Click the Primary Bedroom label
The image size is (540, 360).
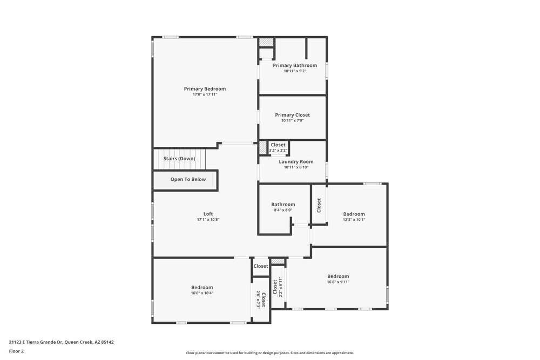tap(205, 89)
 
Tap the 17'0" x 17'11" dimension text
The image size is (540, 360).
tap(205, 94)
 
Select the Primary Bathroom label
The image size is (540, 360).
tap(295, 65)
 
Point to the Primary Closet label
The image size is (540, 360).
tap(292, 115)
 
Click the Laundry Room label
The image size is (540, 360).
tap(296, 161)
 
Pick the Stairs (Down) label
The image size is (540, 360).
tap(179, 159)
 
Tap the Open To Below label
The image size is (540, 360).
tap(188, 179)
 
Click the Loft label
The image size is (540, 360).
tap(208, 214)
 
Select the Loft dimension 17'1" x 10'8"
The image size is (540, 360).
tap(208, 220)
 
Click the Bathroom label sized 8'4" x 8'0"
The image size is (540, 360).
tap(283, 205)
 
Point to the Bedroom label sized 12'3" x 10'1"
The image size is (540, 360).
tap(354, 214)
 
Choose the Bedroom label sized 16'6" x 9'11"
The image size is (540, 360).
tap(338, 276)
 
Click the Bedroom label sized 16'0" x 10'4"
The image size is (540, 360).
tap(202, 287)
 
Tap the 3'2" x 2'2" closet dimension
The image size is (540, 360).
tap(278, 150)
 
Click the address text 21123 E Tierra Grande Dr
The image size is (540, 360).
tap(61, 342)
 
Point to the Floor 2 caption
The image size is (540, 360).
tap(16, 351)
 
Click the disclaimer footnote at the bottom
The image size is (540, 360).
tap(270, 353)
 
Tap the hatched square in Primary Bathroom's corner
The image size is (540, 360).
tap(266, 42)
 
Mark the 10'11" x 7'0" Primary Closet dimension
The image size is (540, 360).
tap(292, 120)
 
